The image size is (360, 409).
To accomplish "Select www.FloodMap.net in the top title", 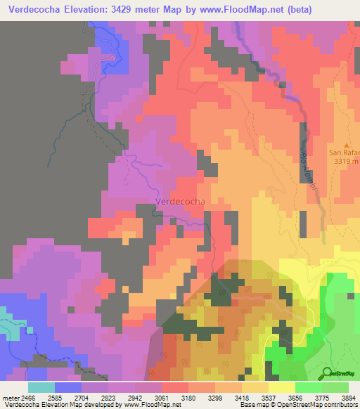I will (x=233, y=9).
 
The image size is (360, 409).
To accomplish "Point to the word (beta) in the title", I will (x=295, y=9).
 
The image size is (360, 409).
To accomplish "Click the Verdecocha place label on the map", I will (x=179, y=201).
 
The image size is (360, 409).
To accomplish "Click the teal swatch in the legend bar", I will (x=41, y=387).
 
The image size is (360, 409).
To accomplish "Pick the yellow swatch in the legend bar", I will (x=282, y=387).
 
